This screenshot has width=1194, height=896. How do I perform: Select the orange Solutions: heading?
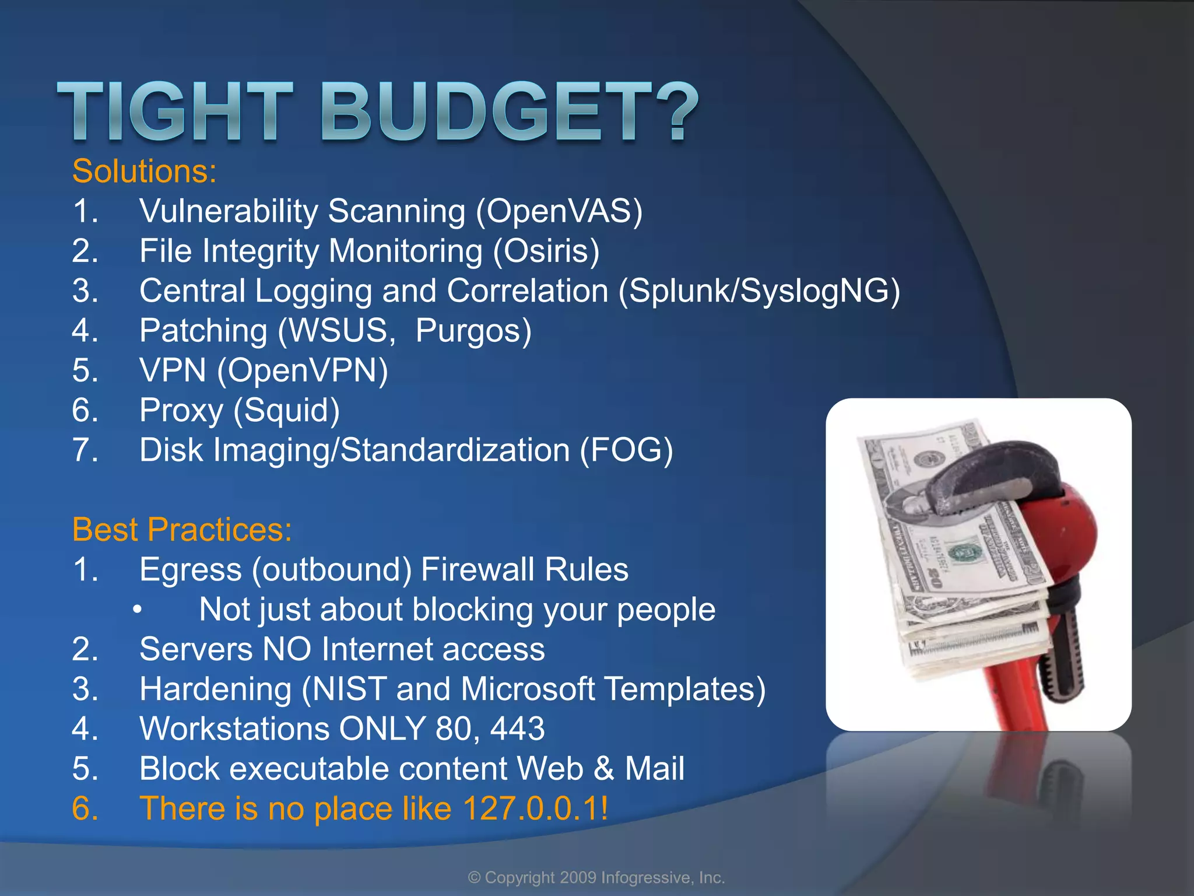(x=144, y=171)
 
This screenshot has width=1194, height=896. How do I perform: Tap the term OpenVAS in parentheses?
(x=559, y=211)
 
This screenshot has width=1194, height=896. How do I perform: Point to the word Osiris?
(x=546, y=251)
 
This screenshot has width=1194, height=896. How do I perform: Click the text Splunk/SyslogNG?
(x=758, y=290)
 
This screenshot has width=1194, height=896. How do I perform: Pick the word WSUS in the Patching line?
(x=338, y=330)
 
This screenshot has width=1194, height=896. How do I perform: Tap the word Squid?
(x=286, y=410)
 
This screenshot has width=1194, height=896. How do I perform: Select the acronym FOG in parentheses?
(x=626, y=450)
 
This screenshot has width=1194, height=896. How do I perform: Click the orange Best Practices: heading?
(x=182, y=530)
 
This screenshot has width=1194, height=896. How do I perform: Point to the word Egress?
(x=191, y=569)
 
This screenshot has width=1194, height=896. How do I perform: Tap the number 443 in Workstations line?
(x=517, y=729)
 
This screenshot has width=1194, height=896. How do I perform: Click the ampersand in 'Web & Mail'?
(x=604, y=769)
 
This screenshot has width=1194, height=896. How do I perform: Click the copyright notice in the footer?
(x=596, y=877)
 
